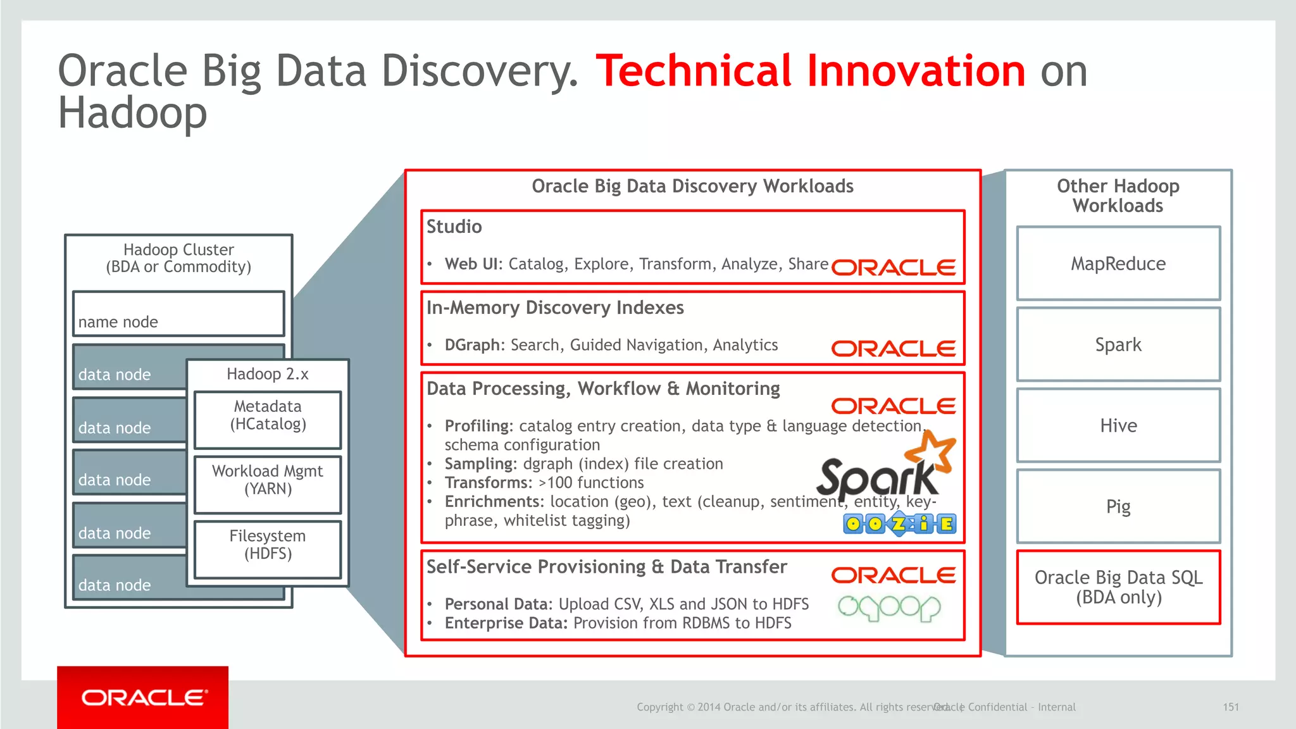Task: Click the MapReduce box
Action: pos(1118,263)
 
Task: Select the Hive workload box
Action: pos(1118,425)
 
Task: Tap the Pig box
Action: pos(1118,506)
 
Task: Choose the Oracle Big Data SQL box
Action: pos(1118,587)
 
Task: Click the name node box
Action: pos(178,314)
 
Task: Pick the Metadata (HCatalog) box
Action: pos(268,419)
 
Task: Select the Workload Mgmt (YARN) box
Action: pos(268,484)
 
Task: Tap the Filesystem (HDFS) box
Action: pos(268,549)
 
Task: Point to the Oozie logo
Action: pos(899,524)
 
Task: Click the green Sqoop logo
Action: pos(889,608)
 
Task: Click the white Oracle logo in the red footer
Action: pos(144,698)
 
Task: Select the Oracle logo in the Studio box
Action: pos(893,268)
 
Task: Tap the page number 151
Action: pos(1230,707)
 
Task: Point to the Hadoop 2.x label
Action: pos(268,374)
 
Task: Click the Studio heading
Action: pos(454,227)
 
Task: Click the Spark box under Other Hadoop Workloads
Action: pos(1118,344)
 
